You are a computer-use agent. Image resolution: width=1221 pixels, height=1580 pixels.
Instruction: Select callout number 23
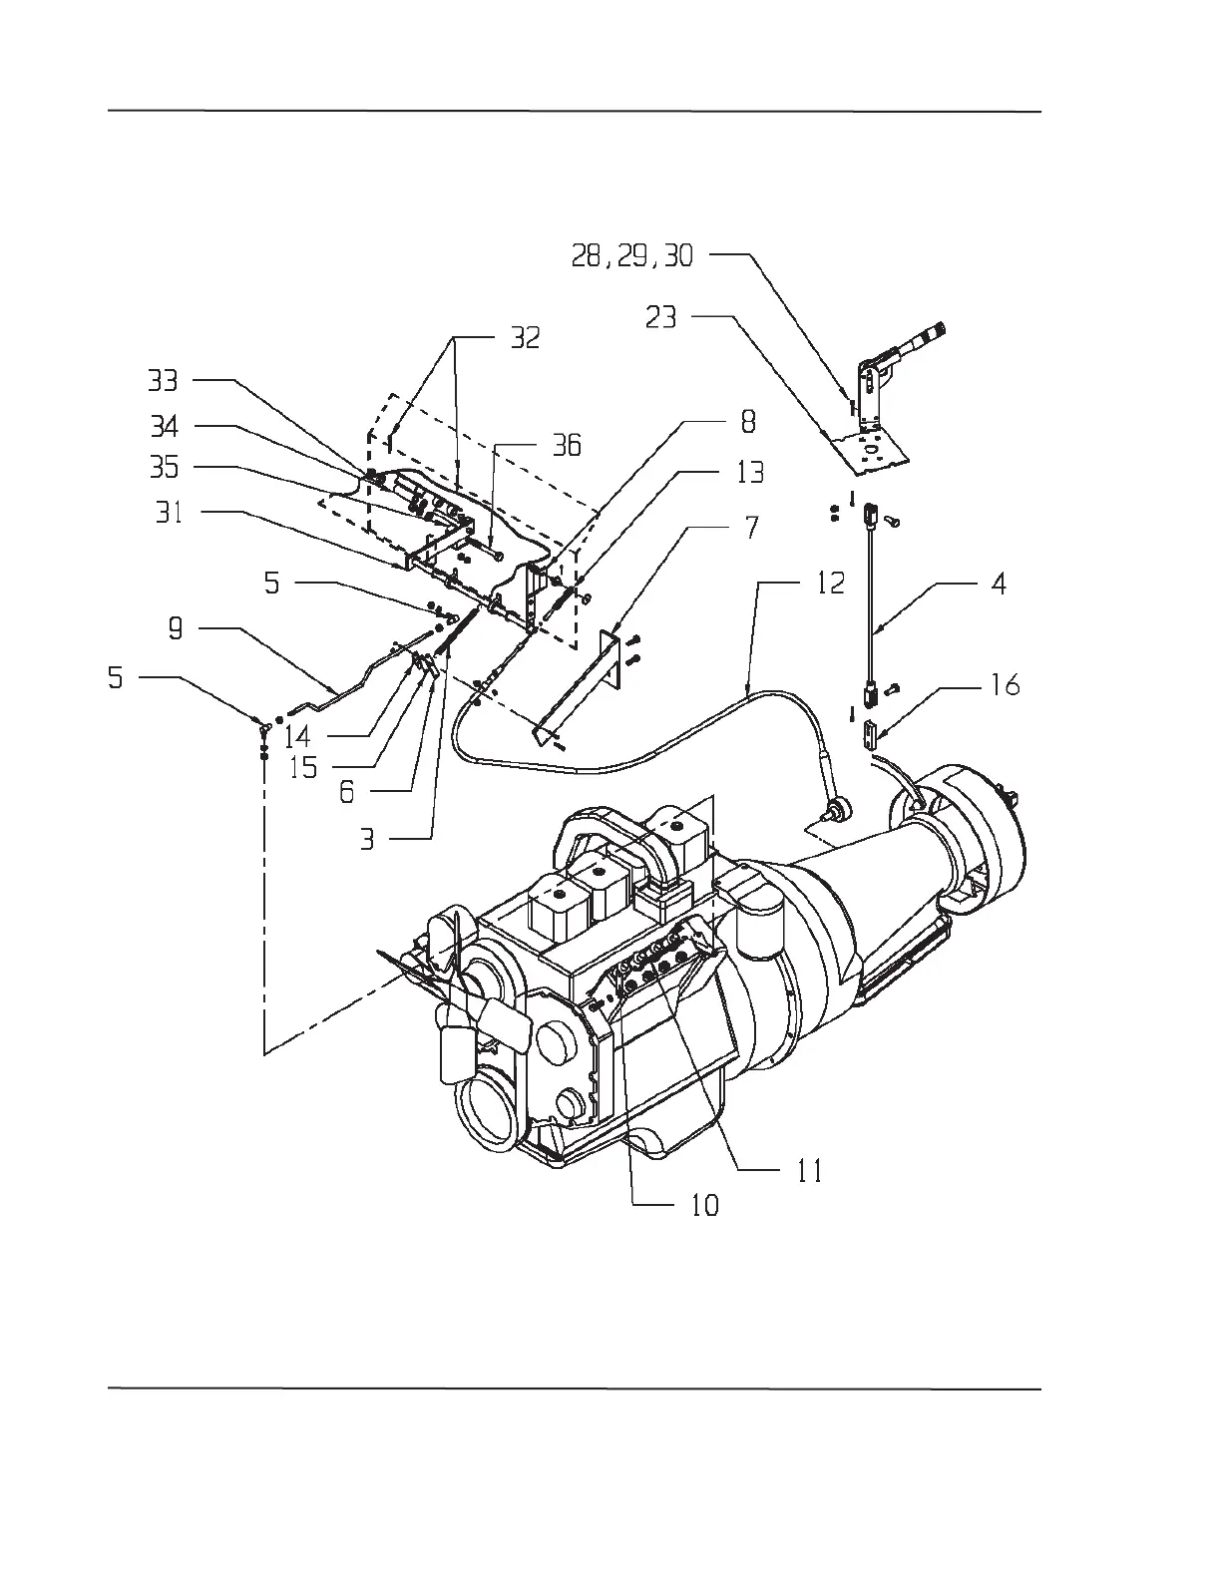click(659, 317)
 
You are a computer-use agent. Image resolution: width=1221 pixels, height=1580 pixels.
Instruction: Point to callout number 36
click(566, 445)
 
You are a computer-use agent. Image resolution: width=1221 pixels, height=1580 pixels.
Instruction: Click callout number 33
click(163, 380)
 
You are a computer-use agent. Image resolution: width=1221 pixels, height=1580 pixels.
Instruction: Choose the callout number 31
click(170, 515)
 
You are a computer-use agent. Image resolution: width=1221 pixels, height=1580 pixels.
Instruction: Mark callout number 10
click(703, 1205)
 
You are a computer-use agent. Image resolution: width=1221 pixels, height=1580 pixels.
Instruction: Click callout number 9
click(175, 630)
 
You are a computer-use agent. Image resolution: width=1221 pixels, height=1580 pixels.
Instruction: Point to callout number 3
click(368, 840)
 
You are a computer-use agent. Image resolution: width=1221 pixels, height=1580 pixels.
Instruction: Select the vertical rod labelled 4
click(871, 598)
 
